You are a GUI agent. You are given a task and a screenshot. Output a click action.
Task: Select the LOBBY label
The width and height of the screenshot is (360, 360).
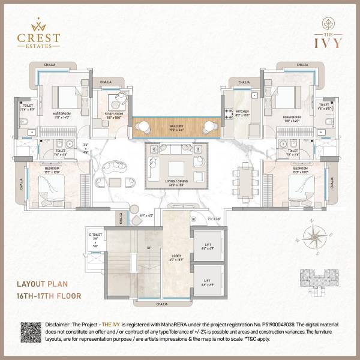tap(176, 259)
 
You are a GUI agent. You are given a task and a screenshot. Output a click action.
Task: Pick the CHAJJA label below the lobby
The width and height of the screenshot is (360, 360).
tap(162, 305)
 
